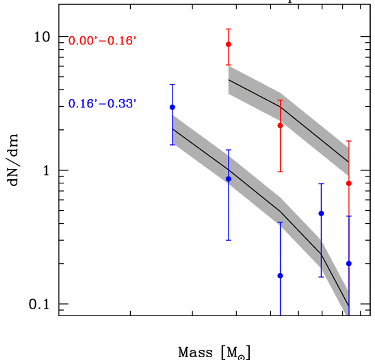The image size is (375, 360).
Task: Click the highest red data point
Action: click(229, 44)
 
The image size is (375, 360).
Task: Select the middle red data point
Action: click(280, 126)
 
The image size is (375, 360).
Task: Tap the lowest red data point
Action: click(349, 183)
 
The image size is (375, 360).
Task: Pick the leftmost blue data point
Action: click(173, 107)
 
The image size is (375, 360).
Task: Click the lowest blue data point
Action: click(280, 276)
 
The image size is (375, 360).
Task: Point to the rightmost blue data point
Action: click(349, 263)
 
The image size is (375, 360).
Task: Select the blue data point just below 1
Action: click(229, 179)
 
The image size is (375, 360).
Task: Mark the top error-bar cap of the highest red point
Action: click(229, 29)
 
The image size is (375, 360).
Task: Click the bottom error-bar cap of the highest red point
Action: click(229, 65)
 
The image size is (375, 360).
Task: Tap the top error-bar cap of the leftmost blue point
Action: click(173, 84)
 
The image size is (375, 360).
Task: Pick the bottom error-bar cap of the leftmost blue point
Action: click(173, 145)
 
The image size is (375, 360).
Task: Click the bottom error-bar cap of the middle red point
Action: click(280, 172)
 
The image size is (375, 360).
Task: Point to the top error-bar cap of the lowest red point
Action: click(349, 141)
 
